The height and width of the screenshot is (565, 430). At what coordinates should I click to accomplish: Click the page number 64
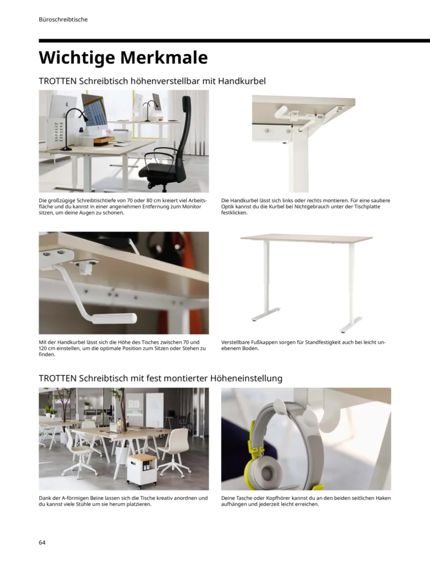[x=42, y=542]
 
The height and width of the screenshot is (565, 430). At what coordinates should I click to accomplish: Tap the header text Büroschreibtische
[x=63, y=19]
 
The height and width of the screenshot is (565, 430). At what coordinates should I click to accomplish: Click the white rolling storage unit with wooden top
[x=142, y=469]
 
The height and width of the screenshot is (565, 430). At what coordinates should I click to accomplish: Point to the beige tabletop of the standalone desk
[x=306, y=238]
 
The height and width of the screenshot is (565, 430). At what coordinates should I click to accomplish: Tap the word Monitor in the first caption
[x=191, y=206]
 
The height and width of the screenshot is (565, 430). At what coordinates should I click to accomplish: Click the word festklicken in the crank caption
[x=234, y=213]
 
